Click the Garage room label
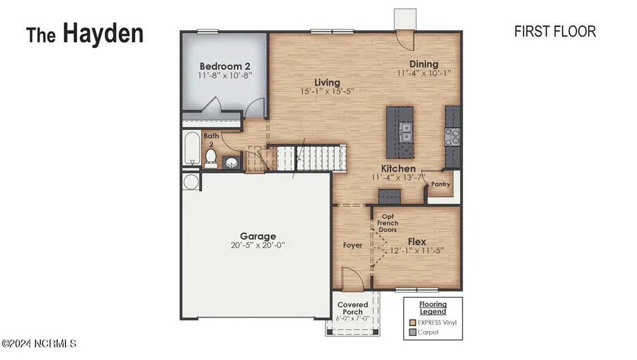click(258, 236)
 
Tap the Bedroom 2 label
click(225, 63)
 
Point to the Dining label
click(423, 64)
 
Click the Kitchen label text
click(398, 168)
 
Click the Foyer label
click(352, 245)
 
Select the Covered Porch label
click(352, 308)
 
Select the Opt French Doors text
click(388, 223)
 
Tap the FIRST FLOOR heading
click(554, 31)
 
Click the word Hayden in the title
click(103, 33)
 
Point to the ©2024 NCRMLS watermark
click(39, 344)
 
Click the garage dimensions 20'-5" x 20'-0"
click(258, 246)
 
